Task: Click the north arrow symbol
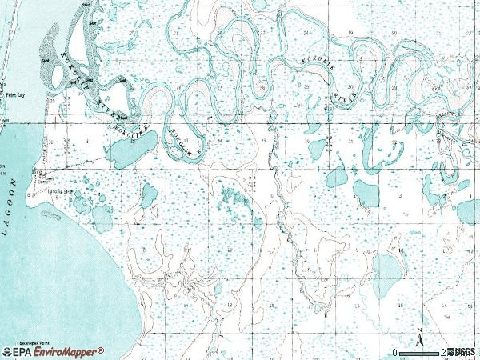coord(419,335)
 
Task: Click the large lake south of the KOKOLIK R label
coord(125,150)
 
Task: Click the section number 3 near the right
coord(400,195)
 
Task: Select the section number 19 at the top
coord(350,31)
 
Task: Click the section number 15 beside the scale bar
coord(400,306)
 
